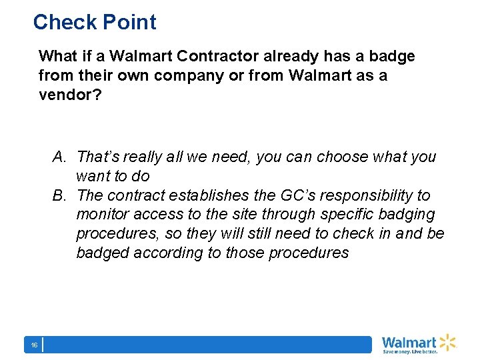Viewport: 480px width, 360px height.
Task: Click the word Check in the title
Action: point(62,22)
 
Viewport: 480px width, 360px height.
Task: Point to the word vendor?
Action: point(70,95)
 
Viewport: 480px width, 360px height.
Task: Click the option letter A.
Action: point(59,157)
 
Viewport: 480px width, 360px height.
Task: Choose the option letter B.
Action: point(59,196)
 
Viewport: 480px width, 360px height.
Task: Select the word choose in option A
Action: point(343,157)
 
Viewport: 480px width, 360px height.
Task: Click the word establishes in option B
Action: point(202,196)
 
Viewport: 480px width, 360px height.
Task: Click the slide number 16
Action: point(33,345)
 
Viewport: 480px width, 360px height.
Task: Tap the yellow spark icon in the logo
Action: point(447,341)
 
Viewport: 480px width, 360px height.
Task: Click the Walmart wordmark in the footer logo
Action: point(409,342)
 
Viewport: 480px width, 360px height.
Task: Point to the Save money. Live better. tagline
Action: point(409,351)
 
